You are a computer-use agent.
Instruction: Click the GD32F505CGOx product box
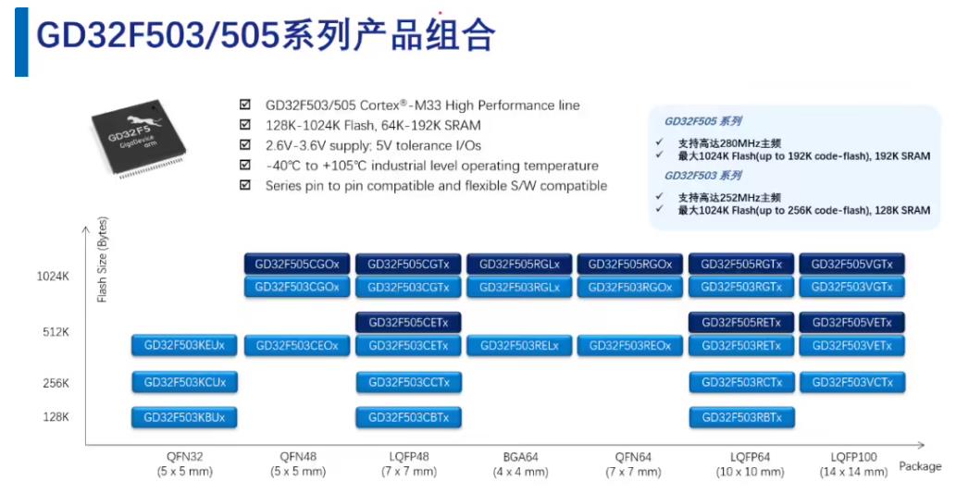pos(297,264)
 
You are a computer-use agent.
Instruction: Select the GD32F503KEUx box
pos(185,346)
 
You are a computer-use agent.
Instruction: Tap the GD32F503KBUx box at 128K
pos(185,417)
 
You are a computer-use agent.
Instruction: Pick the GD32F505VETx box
pos(851,323)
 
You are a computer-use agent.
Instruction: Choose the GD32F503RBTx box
pos(741,417)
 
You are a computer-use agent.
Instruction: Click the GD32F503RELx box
pos(519,346)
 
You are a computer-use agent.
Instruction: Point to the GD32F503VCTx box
pos(851,382)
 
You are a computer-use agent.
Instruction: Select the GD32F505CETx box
pos(408,323)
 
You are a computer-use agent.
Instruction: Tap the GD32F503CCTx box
pos(408,382)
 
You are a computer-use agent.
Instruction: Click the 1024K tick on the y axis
pos(53,276)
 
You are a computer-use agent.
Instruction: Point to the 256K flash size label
pos(55,383)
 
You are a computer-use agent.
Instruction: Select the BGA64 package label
pos(520,457)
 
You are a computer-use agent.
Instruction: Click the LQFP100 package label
pos(851,457)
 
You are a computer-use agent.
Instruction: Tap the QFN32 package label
pos(184,457)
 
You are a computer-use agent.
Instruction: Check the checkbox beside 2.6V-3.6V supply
pos(244,145)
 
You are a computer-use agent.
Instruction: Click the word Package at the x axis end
pos(920,466)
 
